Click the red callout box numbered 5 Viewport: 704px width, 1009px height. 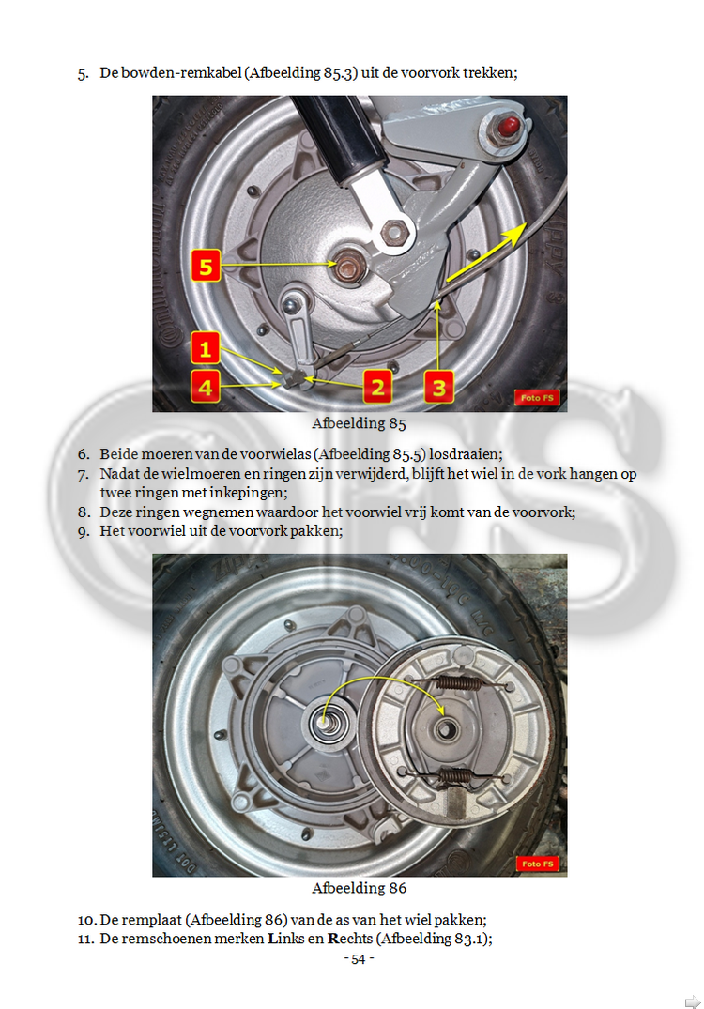coord(206,266)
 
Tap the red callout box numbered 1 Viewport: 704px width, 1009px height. coord(206,349)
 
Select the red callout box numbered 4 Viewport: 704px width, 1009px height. coord(206,387)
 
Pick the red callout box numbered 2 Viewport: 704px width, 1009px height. coord(377,387)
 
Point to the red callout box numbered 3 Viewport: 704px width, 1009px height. coord(439,387)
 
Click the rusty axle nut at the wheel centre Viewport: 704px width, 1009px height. coord(348,265)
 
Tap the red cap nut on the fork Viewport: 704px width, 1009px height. coord(510,125)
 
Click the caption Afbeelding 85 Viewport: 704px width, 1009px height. coord(360,423)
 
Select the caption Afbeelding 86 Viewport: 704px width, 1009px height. coord(360,888)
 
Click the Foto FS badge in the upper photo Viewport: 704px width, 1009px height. coord(537,398)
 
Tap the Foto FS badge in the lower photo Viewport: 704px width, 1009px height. coord(537,864)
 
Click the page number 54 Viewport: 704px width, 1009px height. coord(359,959)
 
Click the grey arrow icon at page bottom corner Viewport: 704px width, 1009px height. coord(693,1001)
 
